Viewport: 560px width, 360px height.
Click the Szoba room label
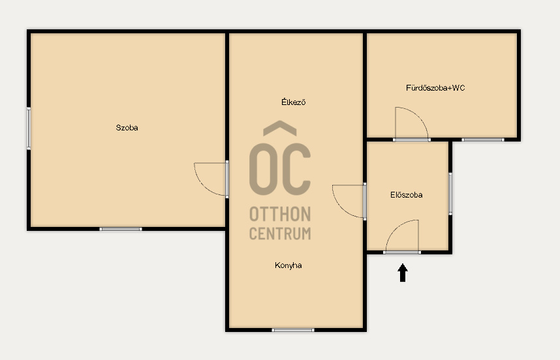point(127,128)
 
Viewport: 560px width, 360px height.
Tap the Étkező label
point(293,102)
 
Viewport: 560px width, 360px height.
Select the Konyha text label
point(288,265)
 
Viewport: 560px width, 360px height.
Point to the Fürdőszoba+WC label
point(435,88)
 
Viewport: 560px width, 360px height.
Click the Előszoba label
point(407,195)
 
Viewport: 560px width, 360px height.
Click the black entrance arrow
point(403,273)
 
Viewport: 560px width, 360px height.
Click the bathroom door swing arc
point(420,116)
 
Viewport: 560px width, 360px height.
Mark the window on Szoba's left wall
point(29,128)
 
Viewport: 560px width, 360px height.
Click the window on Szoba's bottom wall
point(121,229)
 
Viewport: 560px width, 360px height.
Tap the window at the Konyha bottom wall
point(293,330)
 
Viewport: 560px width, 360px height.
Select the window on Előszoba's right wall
point(450,194)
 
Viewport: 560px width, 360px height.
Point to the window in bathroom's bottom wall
point(483,140)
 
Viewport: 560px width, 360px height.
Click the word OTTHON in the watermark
point(280,214)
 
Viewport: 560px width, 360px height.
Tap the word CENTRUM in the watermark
point(280,233)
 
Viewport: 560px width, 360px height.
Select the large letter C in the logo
point(296,170)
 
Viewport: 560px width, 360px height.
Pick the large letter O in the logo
point(264,170)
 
